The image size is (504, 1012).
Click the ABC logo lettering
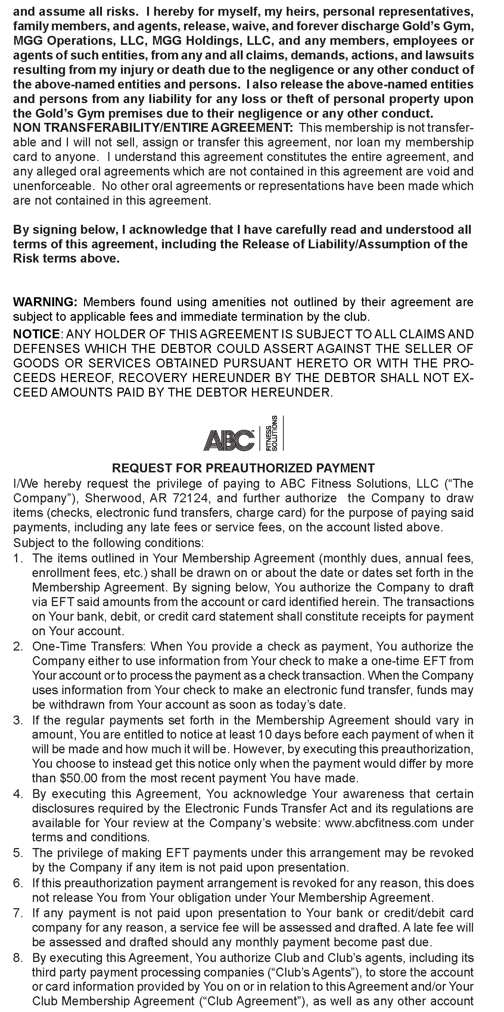228,440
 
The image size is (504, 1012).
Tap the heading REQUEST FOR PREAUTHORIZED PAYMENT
243,468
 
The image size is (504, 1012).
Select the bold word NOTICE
36,334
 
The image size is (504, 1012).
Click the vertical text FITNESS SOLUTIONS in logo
272,433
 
